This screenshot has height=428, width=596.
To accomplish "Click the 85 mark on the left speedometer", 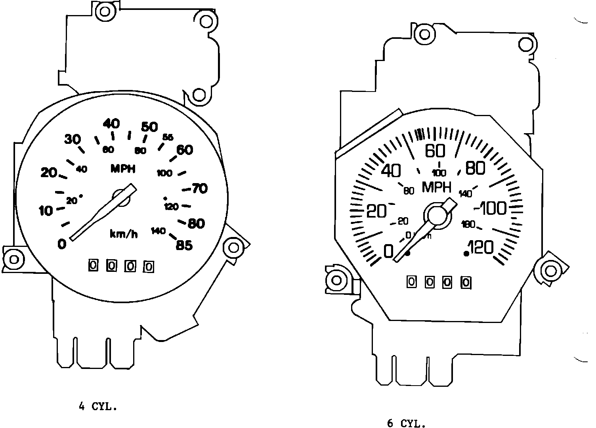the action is tap(184, 246).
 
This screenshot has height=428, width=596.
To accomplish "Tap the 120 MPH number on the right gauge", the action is tap(481, 248).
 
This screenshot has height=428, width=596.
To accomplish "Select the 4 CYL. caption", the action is tap(98, 407).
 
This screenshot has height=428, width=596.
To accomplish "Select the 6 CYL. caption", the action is tap(406, 424).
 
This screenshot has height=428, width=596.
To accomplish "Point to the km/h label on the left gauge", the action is tap(124, 234).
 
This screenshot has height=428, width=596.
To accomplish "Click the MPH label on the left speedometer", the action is tap(123, 169).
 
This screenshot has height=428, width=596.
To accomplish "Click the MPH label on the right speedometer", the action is tap(437, 187).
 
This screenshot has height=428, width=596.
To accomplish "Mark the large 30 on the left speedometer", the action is tap(73, 139).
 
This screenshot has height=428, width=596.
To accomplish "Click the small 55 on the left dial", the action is tap(168, 137).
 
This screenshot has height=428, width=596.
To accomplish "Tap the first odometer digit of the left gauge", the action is tap(93, 266).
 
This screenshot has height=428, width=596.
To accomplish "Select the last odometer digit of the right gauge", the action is tap(466, 283).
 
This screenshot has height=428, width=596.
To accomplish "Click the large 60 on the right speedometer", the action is tap(435, 151).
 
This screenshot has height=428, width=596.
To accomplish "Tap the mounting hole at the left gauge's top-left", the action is tap(105, 11).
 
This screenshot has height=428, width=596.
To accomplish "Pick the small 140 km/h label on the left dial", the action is tap(158, 231).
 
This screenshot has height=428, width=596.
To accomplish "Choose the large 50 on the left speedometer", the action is tap(149, 127).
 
